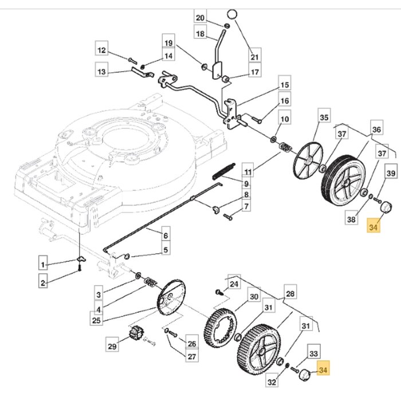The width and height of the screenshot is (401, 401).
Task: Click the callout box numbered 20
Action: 199,18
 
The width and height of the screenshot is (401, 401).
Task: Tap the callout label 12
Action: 101,51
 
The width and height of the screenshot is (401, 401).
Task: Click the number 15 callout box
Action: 285,85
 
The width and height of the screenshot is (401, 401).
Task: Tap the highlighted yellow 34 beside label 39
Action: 374,227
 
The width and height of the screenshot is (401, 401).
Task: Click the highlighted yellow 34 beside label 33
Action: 324,371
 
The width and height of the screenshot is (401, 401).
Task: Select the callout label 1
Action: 44,264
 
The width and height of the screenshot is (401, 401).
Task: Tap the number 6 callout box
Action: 166,235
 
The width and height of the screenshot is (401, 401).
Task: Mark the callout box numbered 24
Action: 234,284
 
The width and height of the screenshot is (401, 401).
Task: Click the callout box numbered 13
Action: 101,72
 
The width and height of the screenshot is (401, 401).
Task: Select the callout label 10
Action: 285,119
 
